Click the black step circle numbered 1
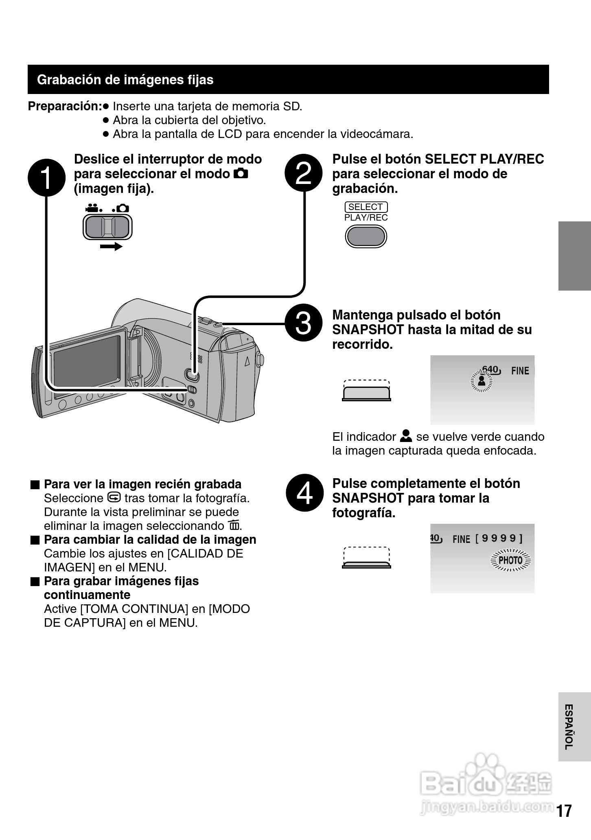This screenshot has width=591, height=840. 46,177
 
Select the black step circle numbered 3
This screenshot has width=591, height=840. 303,323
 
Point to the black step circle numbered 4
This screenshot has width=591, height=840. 305,492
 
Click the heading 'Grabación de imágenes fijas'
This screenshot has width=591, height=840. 125,80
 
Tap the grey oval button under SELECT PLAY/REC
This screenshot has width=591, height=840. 366,236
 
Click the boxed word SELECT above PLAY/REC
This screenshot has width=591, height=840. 366,207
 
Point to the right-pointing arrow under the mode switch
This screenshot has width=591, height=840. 111,246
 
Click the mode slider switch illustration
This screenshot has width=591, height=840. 107,226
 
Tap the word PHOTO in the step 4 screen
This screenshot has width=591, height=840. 510,560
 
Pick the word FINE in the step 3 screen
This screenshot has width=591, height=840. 520,371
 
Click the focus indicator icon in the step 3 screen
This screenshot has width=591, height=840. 482,381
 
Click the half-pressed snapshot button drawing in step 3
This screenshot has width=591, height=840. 366,391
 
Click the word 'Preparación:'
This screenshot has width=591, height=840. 65,106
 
